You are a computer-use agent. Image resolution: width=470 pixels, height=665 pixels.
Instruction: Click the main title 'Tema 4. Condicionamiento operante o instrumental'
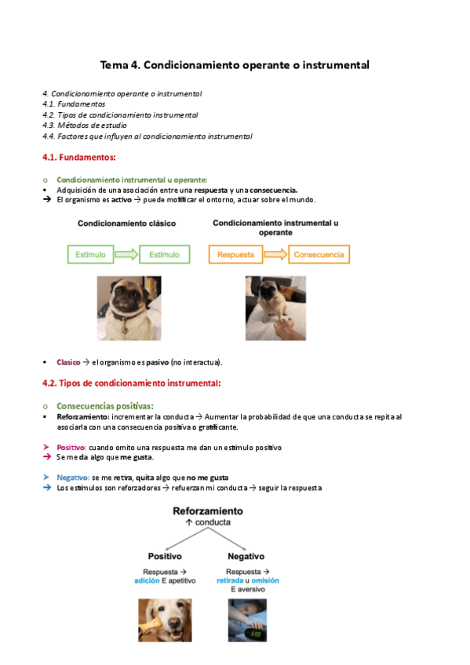coord(235,65)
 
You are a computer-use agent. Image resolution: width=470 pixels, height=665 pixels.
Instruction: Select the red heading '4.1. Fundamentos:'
coord(79,158)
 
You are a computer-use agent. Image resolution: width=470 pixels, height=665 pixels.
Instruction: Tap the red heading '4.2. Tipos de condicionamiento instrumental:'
coord(132,383)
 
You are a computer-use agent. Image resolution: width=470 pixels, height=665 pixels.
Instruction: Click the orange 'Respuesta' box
coord(235,254)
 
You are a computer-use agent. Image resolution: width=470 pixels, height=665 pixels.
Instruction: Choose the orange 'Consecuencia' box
coord(319,254)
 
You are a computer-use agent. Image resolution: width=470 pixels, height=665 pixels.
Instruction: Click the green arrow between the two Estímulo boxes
coord(126,254)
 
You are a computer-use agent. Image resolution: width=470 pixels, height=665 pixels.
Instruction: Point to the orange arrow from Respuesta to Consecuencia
coord(275,254)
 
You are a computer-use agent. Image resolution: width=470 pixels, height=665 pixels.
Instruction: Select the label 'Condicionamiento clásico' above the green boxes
coord(126,223)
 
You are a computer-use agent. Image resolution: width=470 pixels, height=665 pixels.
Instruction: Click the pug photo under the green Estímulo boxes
coord(129,308)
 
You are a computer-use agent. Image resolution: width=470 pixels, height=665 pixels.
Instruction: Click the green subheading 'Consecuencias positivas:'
coord(105,406)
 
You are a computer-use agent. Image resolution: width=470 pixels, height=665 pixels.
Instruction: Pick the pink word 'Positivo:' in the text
coord(71,448)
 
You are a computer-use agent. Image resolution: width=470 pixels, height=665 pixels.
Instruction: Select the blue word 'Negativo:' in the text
coord(73,478)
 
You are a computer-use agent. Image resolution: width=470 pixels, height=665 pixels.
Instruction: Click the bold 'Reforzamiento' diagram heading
coord(208,511)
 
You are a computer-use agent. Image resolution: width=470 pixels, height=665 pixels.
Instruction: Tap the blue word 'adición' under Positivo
coord(147,580)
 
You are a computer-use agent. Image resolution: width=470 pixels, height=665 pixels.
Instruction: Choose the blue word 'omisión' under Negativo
coord(265,580)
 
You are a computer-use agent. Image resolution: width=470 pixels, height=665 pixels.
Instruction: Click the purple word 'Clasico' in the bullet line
coord(68,362)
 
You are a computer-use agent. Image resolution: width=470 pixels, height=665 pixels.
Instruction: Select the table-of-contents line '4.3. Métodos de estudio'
coord(85,125)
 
